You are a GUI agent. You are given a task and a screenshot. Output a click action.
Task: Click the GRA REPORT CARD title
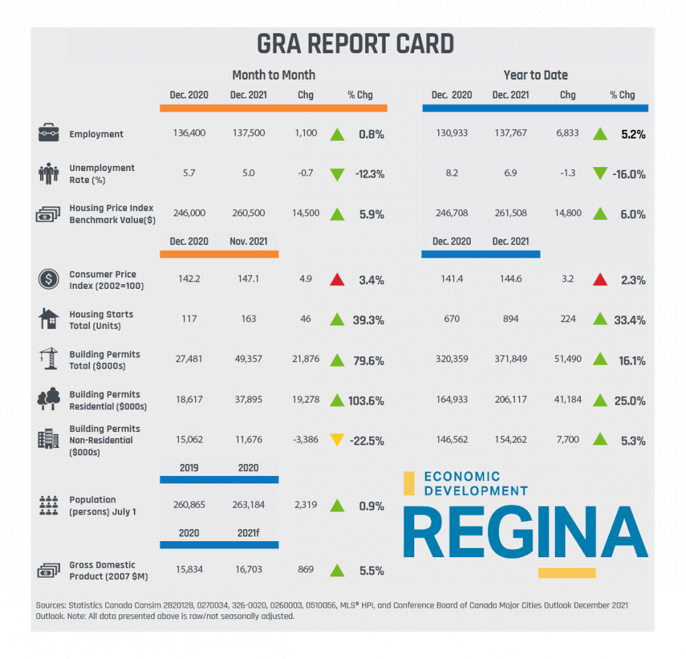(x=355, y=44)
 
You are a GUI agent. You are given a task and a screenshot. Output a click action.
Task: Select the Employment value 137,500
(x=248, y=133)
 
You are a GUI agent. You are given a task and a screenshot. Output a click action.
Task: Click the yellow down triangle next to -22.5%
(x=337, y=440)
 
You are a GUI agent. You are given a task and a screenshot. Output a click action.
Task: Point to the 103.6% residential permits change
(x=367, y=401)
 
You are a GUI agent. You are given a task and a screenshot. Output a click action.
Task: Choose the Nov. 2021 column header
(x=248, y=242)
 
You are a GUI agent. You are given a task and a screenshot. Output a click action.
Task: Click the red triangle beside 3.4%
(x=337, y=280)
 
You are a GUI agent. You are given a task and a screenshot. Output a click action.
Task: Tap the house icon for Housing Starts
(x=49, y=320)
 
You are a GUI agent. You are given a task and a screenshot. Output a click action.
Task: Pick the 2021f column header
(x=248, y=533)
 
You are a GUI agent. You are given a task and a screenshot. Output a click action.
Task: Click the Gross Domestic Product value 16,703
(x=248, y=570)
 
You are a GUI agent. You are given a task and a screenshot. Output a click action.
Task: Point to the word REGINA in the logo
(x=525, y=533)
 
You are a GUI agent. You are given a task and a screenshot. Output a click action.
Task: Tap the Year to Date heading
(x=535, y=75)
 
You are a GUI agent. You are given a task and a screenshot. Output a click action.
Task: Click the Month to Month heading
(x=274, y=75)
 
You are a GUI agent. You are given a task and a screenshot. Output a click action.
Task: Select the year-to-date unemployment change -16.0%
(x=629, y=174)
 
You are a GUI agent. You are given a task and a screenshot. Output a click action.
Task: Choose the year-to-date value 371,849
(x=510, y=359)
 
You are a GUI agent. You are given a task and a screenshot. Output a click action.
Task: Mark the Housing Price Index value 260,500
(x=248, y=214)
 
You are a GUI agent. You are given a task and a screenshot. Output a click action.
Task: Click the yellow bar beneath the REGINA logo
(x=566, y=572)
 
